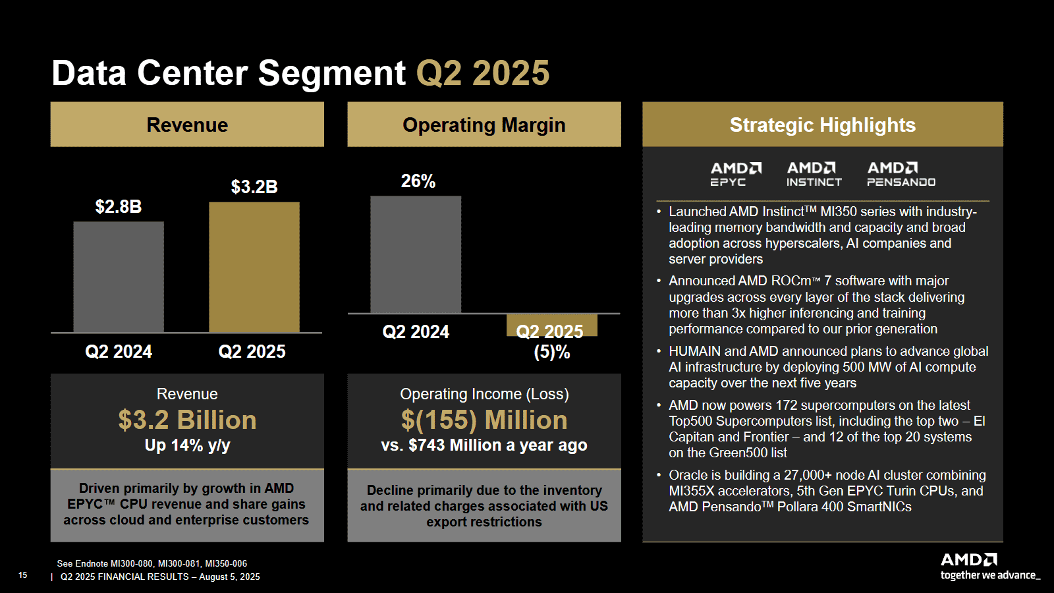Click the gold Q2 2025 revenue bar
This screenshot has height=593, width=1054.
(x=254, y=267)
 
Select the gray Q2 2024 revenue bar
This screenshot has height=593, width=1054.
(x=119, y=277)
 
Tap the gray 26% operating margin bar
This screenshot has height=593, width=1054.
(x=416, y=254)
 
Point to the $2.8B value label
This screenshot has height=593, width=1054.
(x=119, y=207)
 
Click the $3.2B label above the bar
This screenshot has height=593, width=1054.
(x=254, y=187)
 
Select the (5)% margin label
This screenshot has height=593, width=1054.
(x=552, y=353)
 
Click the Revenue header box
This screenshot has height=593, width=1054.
(x=187, y=125)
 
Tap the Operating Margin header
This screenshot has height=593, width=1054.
(x=484, y=125)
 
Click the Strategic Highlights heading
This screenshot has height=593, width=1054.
(x=822, y=125)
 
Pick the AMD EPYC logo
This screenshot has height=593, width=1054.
(x=736, y=174)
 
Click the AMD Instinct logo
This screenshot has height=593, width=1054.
(x=814, y=174)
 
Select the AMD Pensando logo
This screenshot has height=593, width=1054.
(x=901, y=174)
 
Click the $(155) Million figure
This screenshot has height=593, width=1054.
(x=484, y=420)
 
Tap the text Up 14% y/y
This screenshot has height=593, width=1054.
(x=187, y=445)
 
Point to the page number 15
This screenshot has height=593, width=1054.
(x=23, y=575)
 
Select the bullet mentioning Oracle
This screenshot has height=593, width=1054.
(x=826, y=491)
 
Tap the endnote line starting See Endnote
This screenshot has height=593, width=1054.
(x=152, y=563)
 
